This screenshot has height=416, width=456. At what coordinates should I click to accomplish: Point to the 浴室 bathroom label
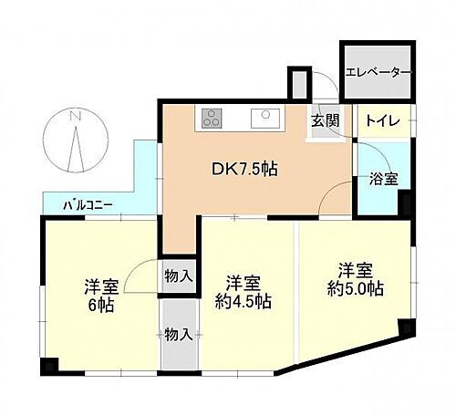coord(382,180)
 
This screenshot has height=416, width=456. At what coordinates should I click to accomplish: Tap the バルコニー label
coord(88,205)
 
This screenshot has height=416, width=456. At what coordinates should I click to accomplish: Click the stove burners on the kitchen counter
coord(212,117)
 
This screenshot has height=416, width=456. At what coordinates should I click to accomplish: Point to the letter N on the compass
coord(77,117)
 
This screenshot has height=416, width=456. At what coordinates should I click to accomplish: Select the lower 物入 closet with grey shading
coord(179,334)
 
